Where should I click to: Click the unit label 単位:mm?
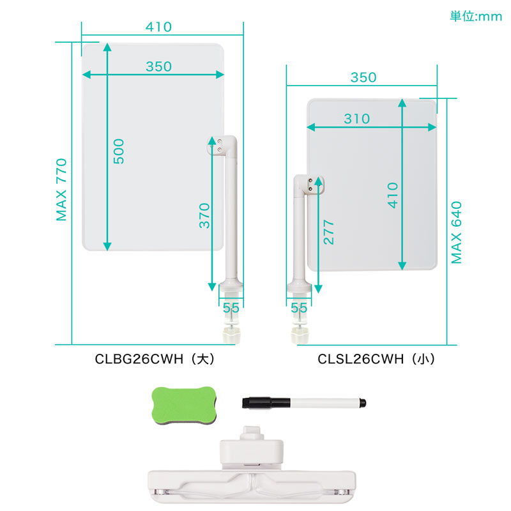[x=476, y=17]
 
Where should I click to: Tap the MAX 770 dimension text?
[x=61, y=190]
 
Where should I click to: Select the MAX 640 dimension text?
[x=456, y=233]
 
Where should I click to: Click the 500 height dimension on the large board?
[x=119, y=151]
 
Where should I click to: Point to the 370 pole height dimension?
[x=204, y=216]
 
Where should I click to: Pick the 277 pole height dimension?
[x=329, y=233]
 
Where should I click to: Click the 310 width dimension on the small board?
[x=357, y=119]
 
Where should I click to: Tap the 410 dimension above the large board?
[x=158, y=27]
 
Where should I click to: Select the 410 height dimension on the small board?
[x=393, y=195]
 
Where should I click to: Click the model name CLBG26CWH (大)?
[x=155, y=359]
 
